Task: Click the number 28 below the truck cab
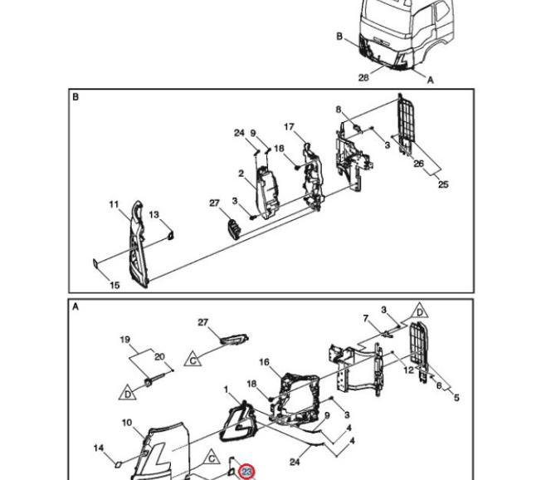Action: (363, 77)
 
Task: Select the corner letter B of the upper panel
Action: (76, 97)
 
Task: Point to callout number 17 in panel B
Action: (290, 127)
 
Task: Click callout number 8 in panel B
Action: (339, 110)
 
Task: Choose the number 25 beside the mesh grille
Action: (443, 184)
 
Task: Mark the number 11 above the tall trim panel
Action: (115, 204)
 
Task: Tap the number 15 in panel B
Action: (115, 285)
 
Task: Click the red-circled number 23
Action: (246, 472)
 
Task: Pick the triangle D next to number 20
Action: (129, 391)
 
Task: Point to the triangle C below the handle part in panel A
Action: (193, 361)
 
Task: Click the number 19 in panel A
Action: (126, 340)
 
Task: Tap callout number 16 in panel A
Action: (264, 362)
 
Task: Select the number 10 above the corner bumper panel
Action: (127, 423)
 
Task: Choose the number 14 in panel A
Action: (99, 448)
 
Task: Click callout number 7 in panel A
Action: (365, 318)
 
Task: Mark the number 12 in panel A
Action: (408, 370)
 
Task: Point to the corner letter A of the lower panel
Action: (76, 306)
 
